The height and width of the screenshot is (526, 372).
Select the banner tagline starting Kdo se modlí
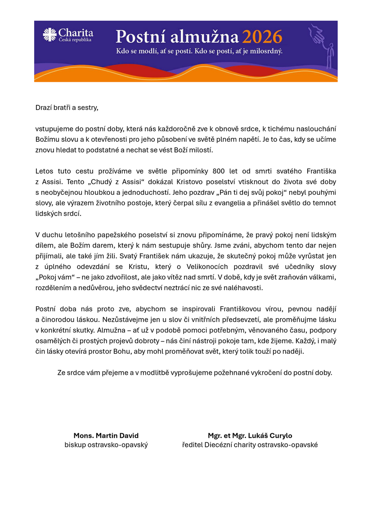coord(199,51)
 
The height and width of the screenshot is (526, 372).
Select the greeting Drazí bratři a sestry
coord(67,108)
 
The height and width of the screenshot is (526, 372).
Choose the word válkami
coord(323,277)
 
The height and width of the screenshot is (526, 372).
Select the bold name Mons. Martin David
coord(106,436)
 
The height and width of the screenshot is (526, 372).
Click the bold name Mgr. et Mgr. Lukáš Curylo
coord(250,436)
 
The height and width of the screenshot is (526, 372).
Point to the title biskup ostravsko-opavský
coord(106,445)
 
